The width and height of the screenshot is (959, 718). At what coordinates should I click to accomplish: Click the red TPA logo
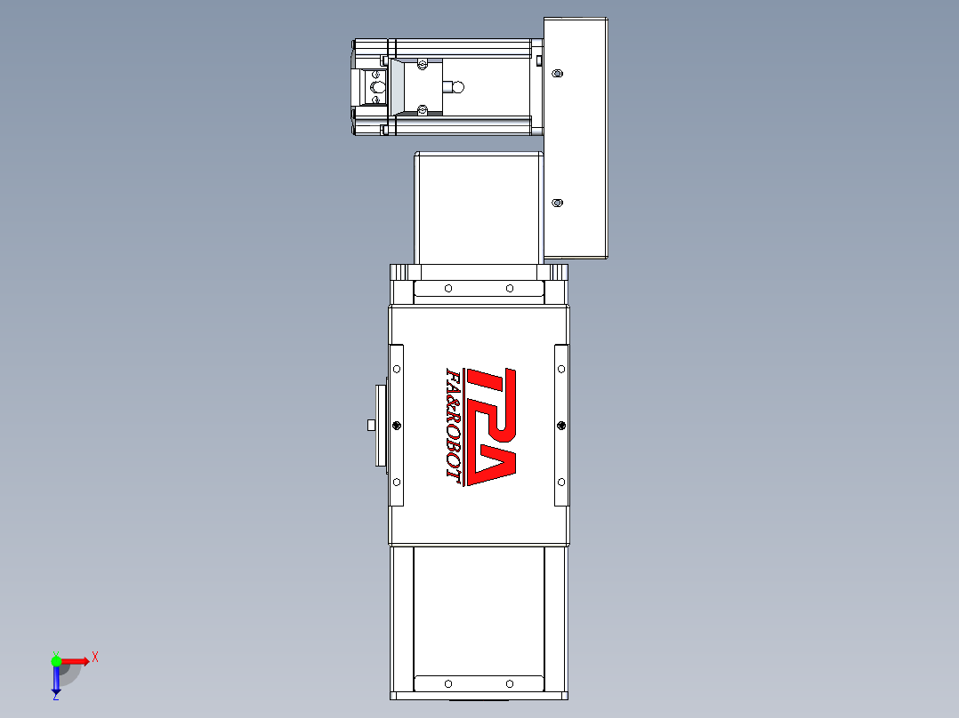point(491,427)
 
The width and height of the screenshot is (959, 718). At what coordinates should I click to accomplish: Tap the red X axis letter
point(95,658)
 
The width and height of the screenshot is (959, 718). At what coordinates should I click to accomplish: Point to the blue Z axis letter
point(56,696)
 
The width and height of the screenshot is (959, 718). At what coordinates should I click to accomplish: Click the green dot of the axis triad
point(56,661)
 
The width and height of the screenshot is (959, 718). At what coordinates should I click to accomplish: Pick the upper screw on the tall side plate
point(557,74)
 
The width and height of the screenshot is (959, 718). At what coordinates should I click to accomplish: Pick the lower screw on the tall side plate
point(557,203)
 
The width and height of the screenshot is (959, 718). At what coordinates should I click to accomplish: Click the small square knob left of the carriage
point(371,425)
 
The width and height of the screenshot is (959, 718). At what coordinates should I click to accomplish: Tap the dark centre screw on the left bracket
point(397,426)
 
